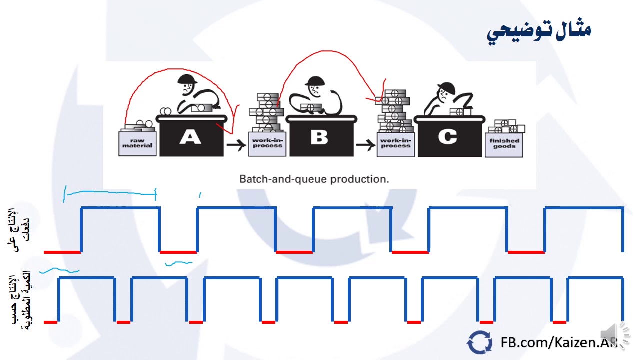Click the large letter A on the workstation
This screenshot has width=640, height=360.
click(x=190, y=137)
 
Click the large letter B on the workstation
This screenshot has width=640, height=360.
click(x=319, y=137)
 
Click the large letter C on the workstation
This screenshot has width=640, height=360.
click(x=447, y=137)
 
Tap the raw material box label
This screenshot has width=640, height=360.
click(x=137, y=143)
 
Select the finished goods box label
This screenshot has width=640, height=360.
click(x=504, y=143)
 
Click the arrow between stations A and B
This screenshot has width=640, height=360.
click(x=236, y=145)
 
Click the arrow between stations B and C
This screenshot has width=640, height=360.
click(x=365, y=145)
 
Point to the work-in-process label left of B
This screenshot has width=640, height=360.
click(x=267, y=143)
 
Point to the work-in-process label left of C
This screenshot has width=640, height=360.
click(x=395, y=143)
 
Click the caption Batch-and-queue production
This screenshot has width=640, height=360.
click(x=314, y=179)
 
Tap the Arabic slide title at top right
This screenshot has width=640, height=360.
click(x=539, y=31)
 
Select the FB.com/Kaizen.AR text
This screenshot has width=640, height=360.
click(x=559, y=343)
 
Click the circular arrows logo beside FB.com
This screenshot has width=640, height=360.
click(x=479, y=343)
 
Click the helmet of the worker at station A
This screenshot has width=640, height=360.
click(x=187, y=79)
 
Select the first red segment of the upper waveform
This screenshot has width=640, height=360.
click(x=62, y=252)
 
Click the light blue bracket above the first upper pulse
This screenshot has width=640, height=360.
click(x=110, y=192)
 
